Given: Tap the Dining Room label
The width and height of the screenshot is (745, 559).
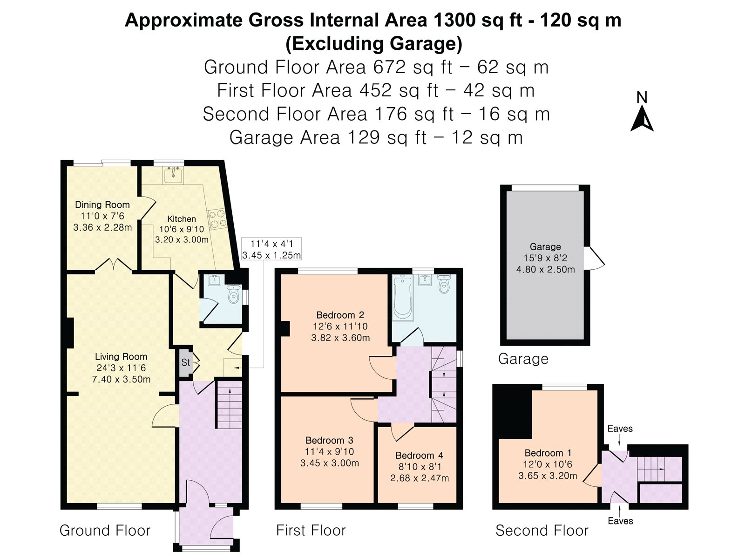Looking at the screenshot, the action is [x=102, y=205].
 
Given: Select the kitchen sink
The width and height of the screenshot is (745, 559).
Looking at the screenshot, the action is [x=173, y=175].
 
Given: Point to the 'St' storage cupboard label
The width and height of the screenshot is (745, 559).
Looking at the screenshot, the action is [x=185, y=362].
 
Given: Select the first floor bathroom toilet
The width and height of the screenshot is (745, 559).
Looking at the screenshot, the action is [x=444, y=284].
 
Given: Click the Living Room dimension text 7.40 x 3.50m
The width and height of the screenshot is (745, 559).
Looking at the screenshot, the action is [x=121, y=379].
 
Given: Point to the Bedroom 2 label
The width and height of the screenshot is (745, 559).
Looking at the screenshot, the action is [x=340, y=314].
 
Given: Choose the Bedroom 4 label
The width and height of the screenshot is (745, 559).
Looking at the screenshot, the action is [x=419, y=455].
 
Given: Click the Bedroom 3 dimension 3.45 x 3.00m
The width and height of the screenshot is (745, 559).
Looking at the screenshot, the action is [x=330, y=463].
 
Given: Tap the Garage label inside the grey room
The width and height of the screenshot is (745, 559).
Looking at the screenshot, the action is [x=545, y=247].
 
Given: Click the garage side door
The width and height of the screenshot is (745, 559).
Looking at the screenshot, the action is [x=594, y=258].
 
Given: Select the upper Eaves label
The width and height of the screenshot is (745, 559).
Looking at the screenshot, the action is [x=620, y=429].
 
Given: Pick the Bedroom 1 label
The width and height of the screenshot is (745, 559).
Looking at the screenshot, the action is [x=548, y=453].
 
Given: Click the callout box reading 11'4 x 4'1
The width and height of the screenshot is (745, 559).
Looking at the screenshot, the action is [x=271, y=249].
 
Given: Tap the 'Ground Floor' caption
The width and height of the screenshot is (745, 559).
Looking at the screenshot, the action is [x=105, y=530].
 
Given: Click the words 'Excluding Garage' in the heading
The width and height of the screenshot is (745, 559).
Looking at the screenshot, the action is [x=374, y=44].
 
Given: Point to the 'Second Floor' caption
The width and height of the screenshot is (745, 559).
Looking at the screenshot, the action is [x=542, y=530].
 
